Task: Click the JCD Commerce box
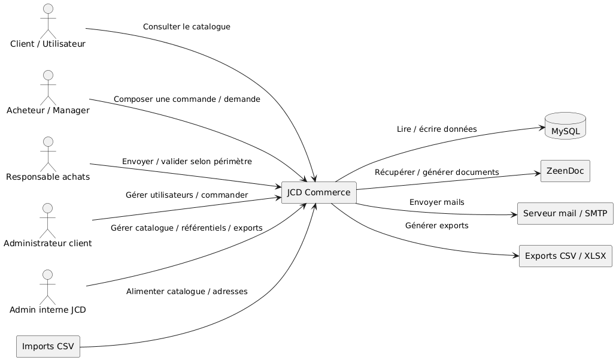pyautogui.click(x=318, y=192)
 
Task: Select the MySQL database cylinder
pyautogui.click(x=565, y=126)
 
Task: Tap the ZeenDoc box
pyautogui.click(x=565, y=171)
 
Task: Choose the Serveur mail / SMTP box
pyautogui.click(x=565, y=213)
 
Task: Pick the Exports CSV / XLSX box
pyautogui.click(x=565, y=256)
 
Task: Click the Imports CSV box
pyautogui.click(x=48, y=346)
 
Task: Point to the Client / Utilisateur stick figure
pyautogui.click(x=48, y=21)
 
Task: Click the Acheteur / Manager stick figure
pyautogui.click(x=48, y=87)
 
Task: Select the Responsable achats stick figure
pyautogui.click(x=48, y=154)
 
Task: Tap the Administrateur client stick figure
pyautogui.click(x=47, y=220)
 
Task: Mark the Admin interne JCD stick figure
pyautogui.click(x=47, y=287)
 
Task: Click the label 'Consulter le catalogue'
pyautogui.click(x=187, y=27)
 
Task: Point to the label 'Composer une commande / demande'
pyautogui.click(x=187, y=99)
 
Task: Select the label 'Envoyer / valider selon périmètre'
pyautogui.click(x=187, y=162)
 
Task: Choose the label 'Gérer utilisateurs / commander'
pyautogui.click(x=187, y=195)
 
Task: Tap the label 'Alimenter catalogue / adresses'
pyautogui.click(x=187, y=292)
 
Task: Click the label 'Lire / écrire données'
pyautogui.click(x=437, y=129)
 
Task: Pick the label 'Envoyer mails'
pyautogui.click(x=437, y=202)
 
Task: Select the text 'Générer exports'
pyautogui.click(x=437, y=226)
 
